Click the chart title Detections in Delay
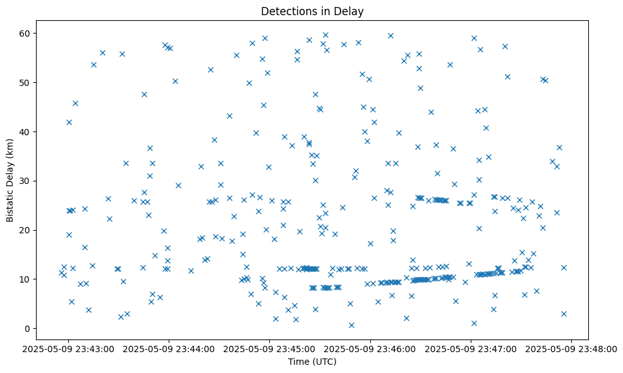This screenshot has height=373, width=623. click(x=312, y=11)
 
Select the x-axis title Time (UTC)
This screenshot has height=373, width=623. click(x=312, y=362)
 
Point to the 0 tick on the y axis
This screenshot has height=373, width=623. click(x=28, y=328)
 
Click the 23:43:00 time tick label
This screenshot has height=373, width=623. click(x=69, y=348)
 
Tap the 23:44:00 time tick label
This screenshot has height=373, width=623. click(x=169, y=348)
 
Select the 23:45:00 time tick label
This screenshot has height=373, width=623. click(x=270, y=348)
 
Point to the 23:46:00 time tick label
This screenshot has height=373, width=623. click(x=370, y=348)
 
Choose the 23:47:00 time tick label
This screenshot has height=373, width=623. click(x=471, y=348)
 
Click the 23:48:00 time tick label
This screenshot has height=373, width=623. click(x=571, y=348)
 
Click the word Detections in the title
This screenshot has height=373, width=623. click(x=286, y=11)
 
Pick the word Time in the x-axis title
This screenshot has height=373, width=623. click(x=298, y=362)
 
